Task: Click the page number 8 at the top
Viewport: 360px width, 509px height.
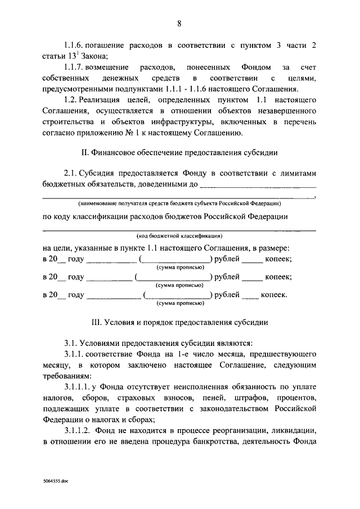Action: click(179, 23)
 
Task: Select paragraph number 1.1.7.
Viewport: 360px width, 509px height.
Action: click(75, 67)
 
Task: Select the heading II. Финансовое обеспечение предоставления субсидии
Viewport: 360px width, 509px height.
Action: click(179, 153)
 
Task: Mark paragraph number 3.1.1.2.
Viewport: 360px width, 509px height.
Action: click(80, 430)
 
